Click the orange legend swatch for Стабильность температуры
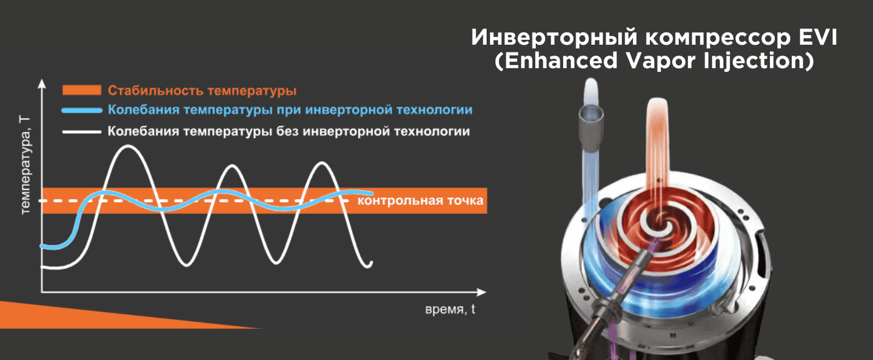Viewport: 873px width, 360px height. [82, 90]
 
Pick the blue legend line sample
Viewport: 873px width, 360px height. [82, 111]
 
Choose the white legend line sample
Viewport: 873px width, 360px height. [82, 132]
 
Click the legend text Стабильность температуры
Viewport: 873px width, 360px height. [202, 91]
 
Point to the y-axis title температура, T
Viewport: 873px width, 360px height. [25, 165]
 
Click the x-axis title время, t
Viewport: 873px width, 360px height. [450, 310]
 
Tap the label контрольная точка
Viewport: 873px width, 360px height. [420, 201]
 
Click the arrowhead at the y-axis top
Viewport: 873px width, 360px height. [42, 84]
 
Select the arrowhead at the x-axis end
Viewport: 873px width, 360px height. [481, 292]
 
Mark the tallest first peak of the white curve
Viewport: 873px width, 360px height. [129, 147]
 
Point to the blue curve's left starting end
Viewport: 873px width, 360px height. [42, 246]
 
